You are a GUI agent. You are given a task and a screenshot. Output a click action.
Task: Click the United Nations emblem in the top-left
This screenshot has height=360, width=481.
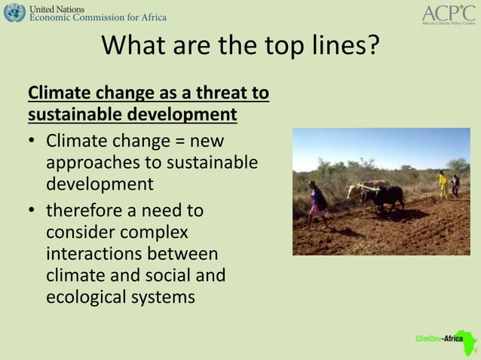tap(14, 12)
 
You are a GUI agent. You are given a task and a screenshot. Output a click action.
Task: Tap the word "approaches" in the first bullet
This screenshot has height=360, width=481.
tap(90, 163)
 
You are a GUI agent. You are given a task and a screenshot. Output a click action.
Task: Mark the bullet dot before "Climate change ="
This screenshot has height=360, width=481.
tap(33, 142)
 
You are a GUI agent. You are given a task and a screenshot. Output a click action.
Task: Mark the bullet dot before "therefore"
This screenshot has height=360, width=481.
tap(33, 211)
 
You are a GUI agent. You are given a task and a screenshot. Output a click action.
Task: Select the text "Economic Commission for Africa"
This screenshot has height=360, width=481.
tap(98, 17)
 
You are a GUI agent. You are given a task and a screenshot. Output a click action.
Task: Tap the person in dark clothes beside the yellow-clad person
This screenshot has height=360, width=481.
tap(455, 185)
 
